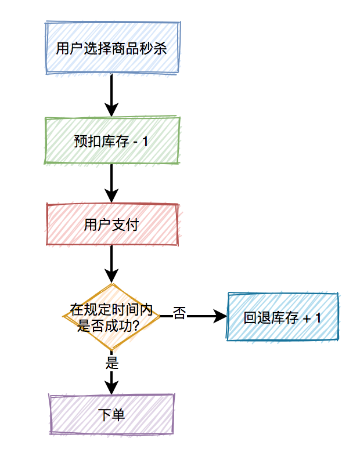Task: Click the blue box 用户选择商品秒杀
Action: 112,48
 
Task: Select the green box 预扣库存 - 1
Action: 112,141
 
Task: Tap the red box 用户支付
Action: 112,225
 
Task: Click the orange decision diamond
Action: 111,317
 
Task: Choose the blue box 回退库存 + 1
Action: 283,317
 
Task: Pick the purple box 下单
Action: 112,414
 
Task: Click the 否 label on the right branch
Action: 179,314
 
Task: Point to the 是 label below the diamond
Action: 112,363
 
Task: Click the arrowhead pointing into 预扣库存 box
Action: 111,110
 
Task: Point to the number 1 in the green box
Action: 145,142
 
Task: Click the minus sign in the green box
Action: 136,142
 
